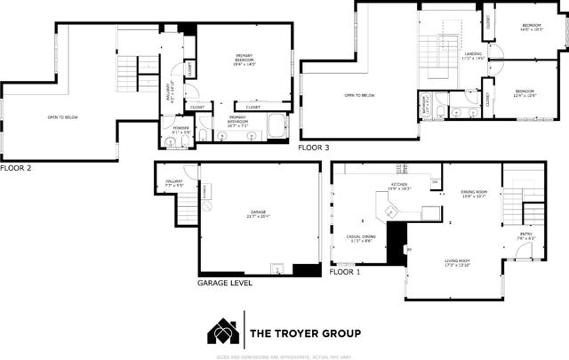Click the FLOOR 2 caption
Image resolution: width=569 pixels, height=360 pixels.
[x=16, y=166]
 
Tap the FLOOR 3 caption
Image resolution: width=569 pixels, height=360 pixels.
[x=313, y=148]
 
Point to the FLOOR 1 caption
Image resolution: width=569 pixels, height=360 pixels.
[x=345, y=273]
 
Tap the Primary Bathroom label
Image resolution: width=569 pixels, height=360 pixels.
[x=237, y=121]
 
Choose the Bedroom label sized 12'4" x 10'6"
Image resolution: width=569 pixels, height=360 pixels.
[x=525, y=92]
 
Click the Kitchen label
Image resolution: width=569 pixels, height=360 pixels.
[x=398, y=187]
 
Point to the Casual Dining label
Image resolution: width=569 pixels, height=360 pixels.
[x=360, y=238]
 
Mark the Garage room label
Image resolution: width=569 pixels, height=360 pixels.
[x=258, y=214]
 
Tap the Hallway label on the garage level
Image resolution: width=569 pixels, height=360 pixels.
[x=173, y=184]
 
